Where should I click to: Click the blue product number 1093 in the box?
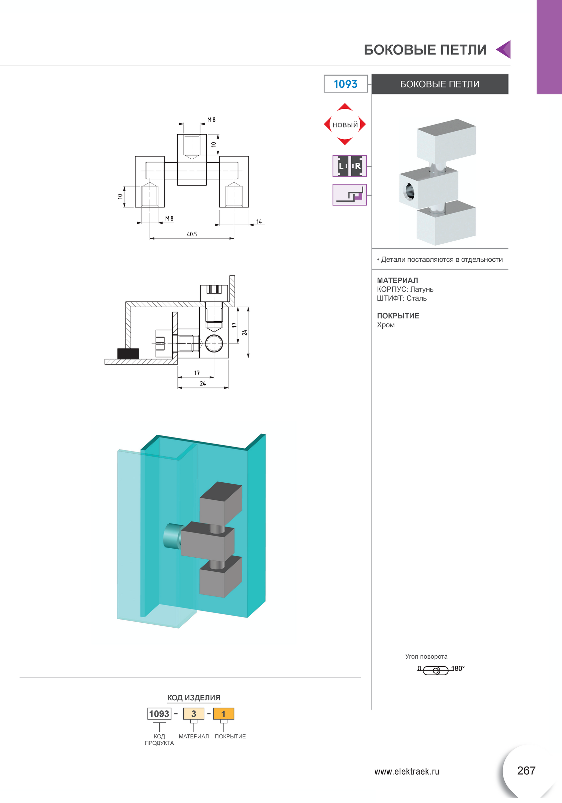tap(345, 84)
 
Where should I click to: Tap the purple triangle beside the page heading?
tap(504, 49)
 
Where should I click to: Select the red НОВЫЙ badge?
tap(345, 125)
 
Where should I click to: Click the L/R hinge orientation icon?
tap(349, 166)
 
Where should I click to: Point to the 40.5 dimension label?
tap(192, 234)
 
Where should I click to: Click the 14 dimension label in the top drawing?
tap(259, 222)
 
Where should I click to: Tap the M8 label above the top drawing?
tap(211, 119)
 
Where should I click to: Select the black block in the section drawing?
tap(128, 353)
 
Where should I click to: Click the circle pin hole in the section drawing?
tap(214, 343)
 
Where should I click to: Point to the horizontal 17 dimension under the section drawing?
tap(197, 373)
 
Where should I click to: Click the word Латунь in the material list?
tap(421, 289)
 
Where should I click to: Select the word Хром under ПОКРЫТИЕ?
tap(385, 325)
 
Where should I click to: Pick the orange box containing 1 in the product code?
tap(223, 714)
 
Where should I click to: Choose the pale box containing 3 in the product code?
tap(193, 714)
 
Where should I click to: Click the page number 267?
tap(526, 771)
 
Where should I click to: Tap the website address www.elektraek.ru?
tap(406, 772)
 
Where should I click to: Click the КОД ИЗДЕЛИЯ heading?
tap(194, 698)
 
